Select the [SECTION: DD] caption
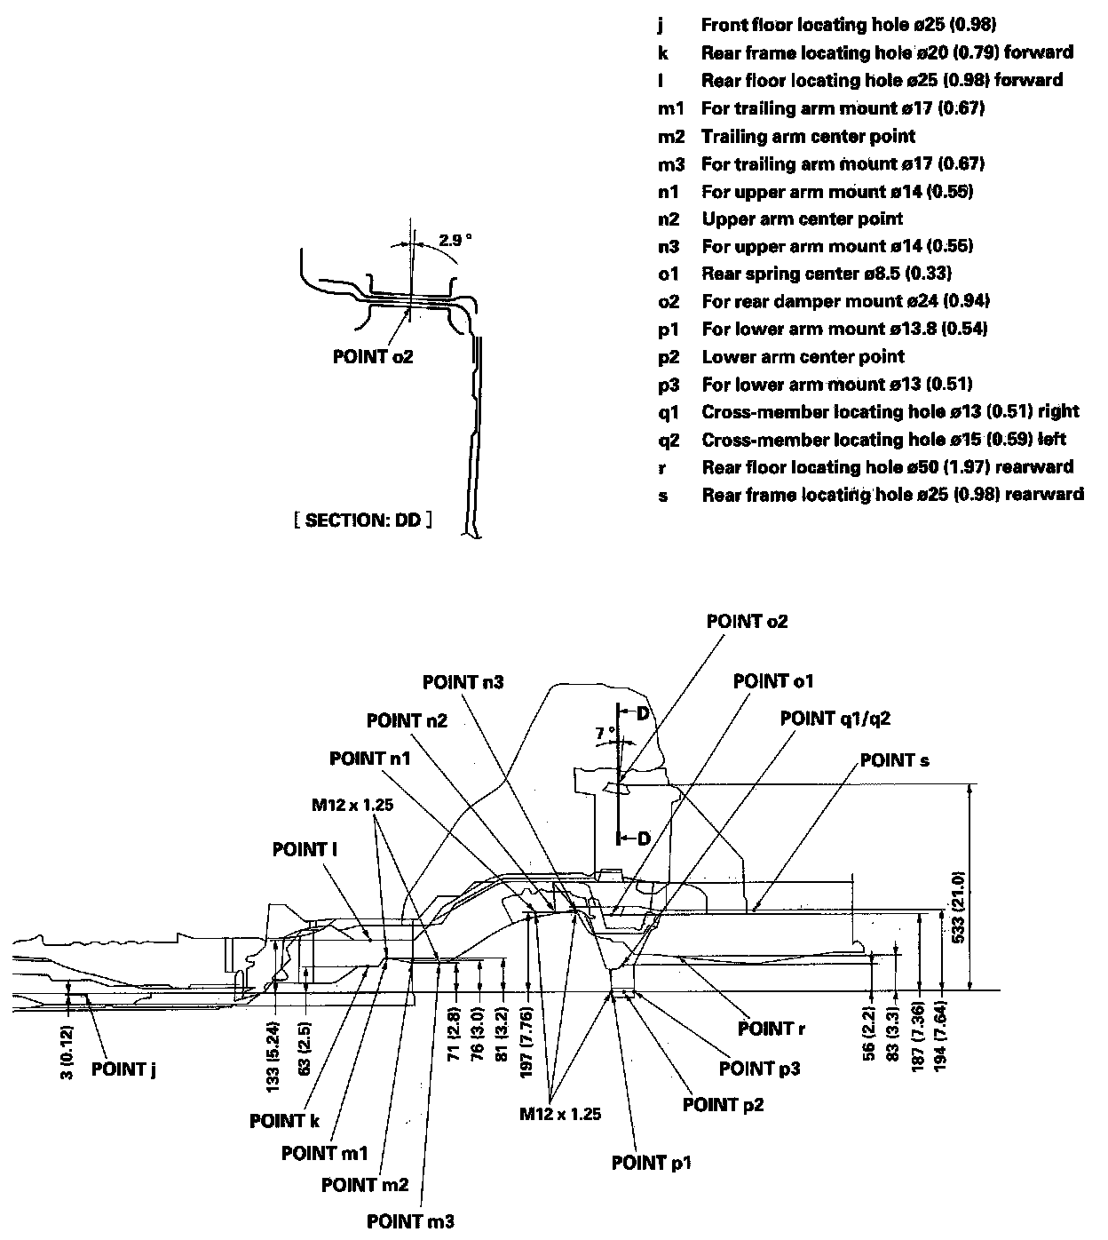click(x=363, y=521)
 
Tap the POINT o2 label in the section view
click(x=373, y=356)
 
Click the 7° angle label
click(x=605, y=733)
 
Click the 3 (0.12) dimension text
click(x=67, y=1052)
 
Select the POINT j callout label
click(x=123, y=1069)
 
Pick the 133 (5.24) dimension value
click(x=273, y=1056)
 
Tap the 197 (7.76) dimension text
click(x=526, y=1042)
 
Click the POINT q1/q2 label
click(x=835, y=718)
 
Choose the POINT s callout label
click(x=894, y=760)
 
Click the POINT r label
click(x=771, y=1029)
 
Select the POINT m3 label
click(x=410, y=1221)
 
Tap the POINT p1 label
click(x=651, y=1163)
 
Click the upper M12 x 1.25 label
click(x=352, y=805)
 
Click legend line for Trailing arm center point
click(x=787, y=136)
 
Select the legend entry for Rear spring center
click(x=805, y=274)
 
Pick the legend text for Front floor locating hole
click(x=827, y=25)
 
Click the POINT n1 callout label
click(x=369, y=759)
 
